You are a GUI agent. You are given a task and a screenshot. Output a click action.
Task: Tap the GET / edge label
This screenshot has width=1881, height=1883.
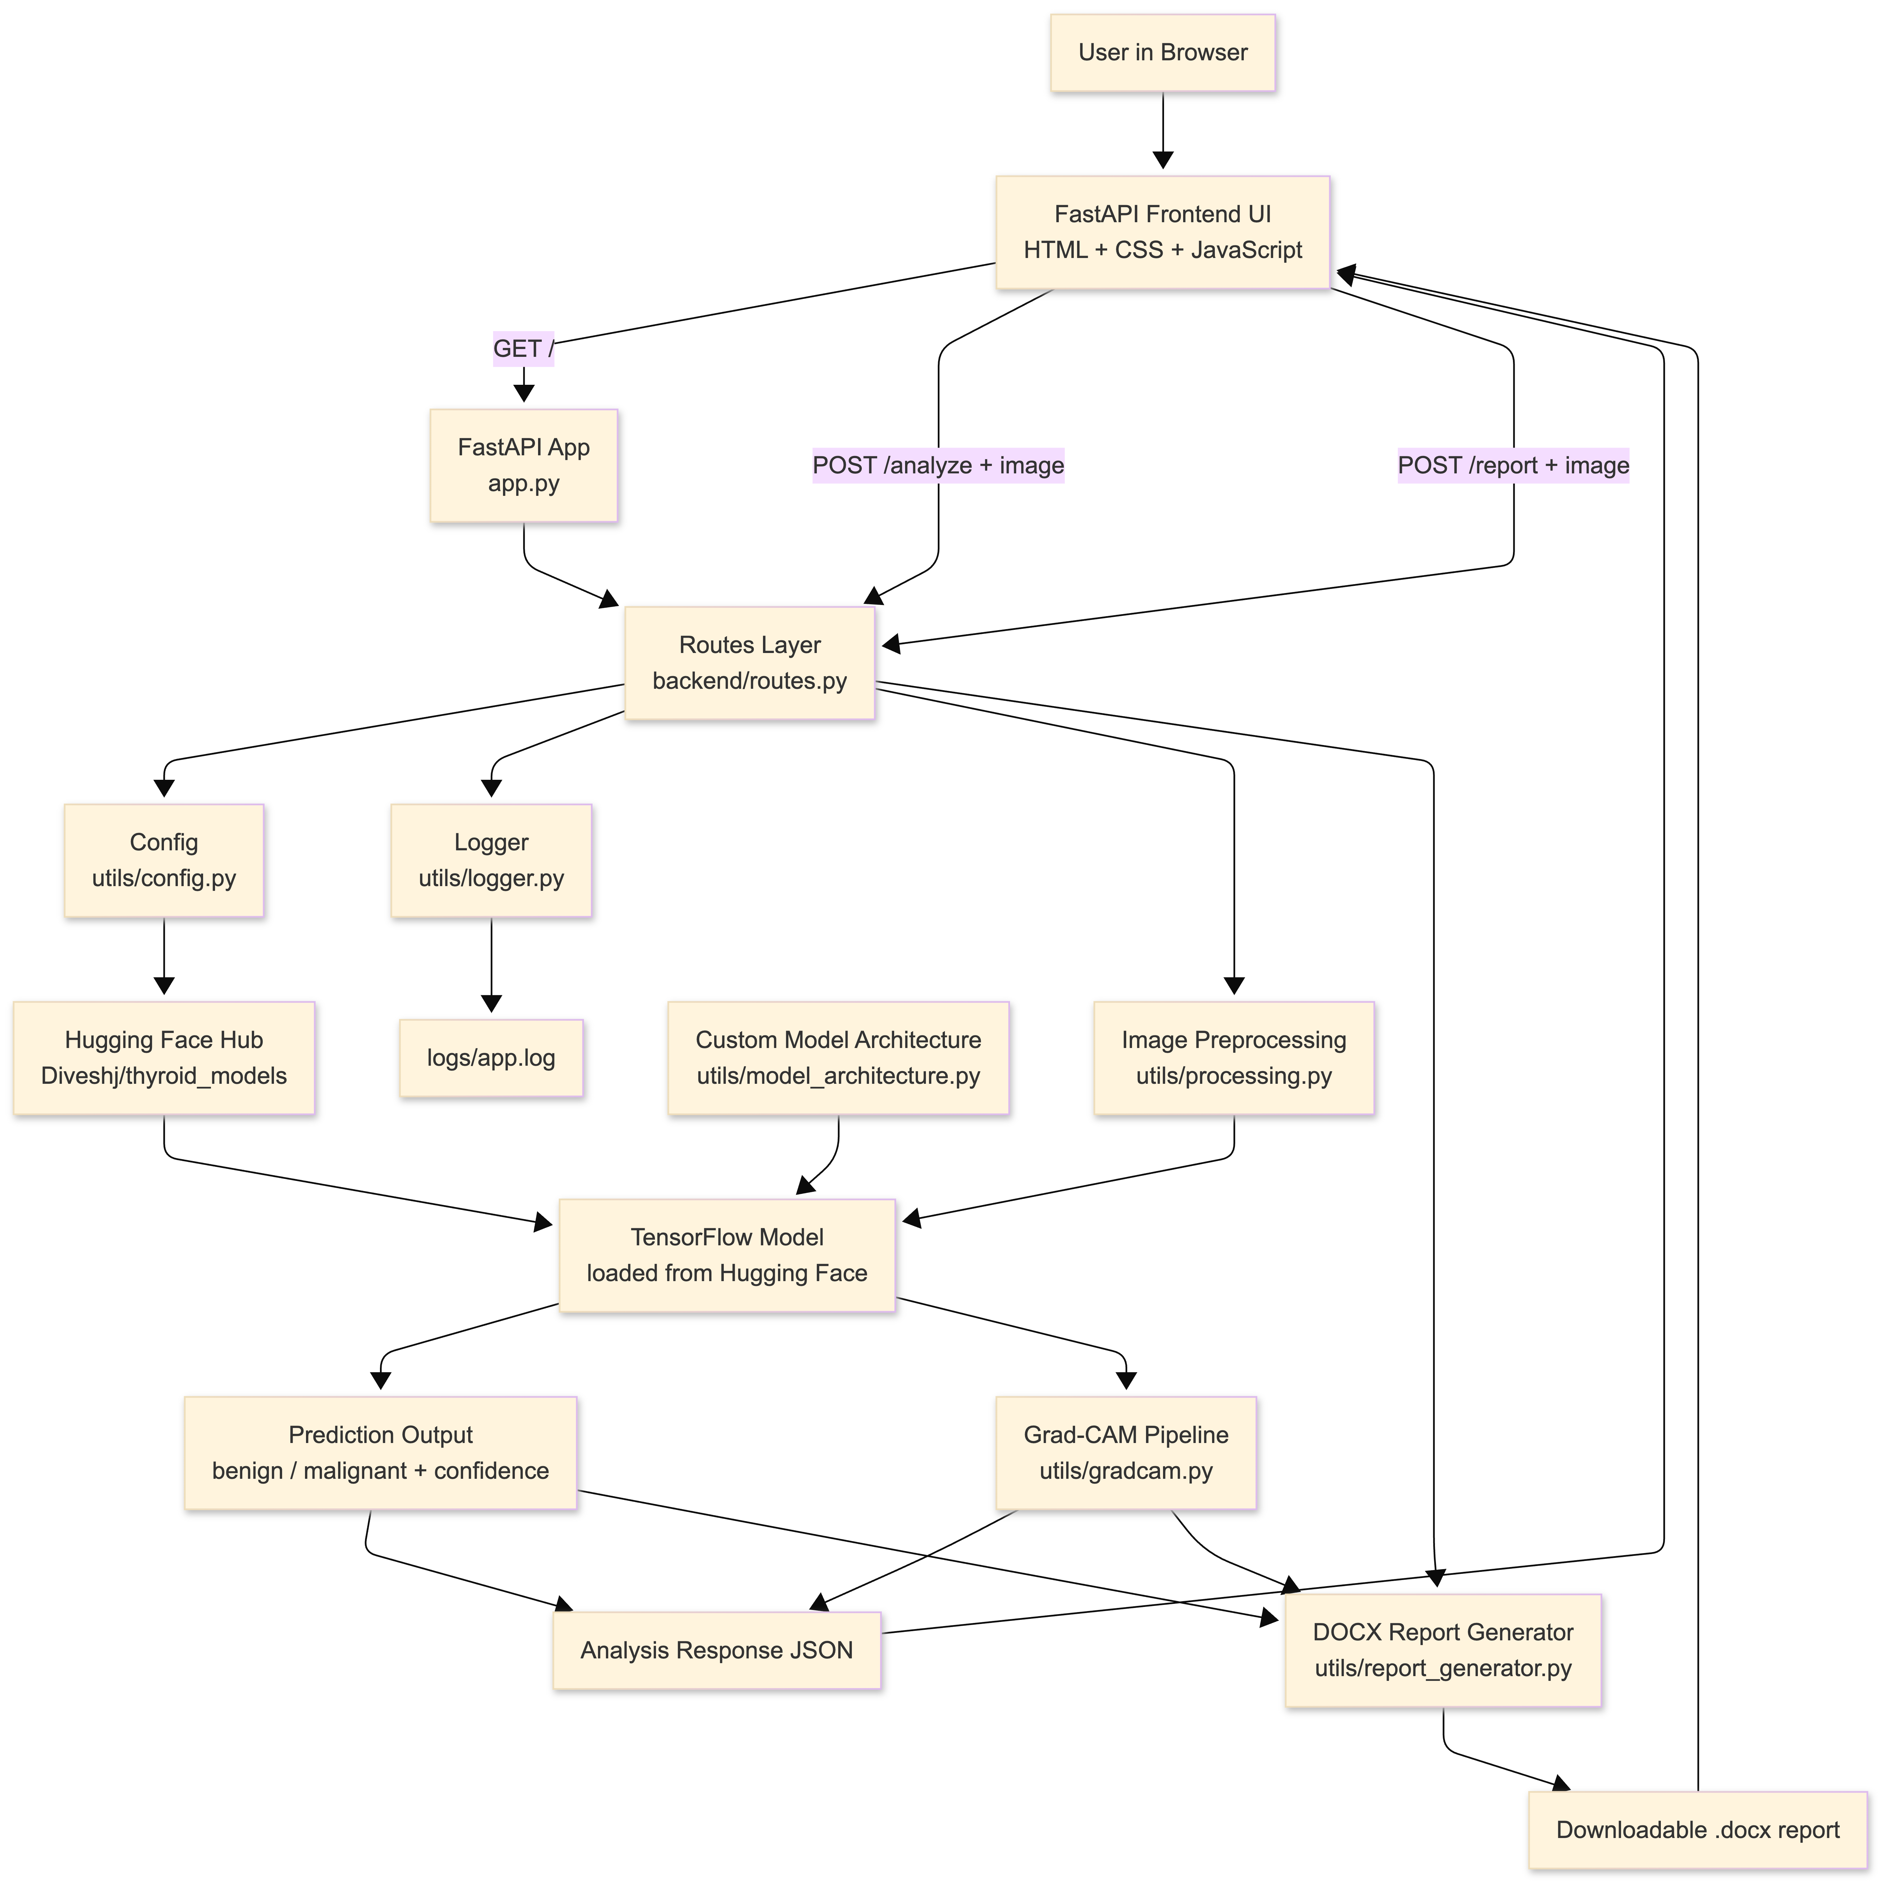point(523,348)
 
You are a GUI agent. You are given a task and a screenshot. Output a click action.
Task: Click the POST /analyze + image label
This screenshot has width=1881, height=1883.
point(937,465)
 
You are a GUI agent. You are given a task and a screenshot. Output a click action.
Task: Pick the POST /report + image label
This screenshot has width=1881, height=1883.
point(1513,465)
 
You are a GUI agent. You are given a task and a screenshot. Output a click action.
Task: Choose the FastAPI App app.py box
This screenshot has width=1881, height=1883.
point(523,465)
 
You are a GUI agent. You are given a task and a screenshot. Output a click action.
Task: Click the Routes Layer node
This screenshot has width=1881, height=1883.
point(749,663)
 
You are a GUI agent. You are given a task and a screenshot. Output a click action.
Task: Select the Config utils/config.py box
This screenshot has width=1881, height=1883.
point(164,860)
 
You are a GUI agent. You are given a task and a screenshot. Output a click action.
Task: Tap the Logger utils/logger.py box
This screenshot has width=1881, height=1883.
point(491,860)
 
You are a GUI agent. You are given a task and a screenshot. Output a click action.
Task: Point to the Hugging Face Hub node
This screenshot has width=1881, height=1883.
point(164,1058)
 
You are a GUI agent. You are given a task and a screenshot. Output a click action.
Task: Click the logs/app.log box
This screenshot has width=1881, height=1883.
point(491,1058)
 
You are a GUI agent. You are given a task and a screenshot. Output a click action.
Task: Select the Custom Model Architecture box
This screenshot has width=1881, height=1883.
point(838,1058)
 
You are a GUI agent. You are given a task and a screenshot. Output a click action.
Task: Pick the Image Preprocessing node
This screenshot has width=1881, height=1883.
point(1234,1058)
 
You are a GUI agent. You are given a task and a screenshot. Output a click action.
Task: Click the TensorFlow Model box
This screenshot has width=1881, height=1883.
point(727,1255)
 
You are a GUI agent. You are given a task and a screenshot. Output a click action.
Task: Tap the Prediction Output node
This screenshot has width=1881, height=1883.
point(380,1452)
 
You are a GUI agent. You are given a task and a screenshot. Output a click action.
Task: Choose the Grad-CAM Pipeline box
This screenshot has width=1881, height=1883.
point(1126,1452)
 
